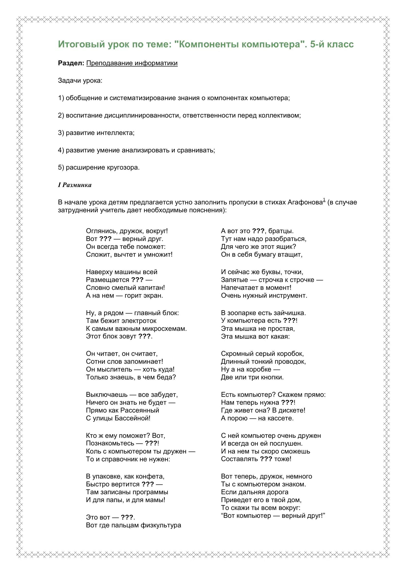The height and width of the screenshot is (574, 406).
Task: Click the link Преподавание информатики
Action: click(x=132, y=63)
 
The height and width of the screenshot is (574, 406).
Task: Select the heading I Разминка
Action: click(x=75, y=185)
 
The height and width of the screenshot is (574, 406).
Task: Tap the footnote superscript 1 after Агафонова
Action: click(x=324, y=200)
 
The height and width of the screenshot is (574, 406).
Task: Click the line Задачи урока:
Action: click(x=80, y=80)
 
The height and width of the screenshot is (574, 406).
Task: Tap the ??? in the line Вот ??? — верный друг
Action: click(x=105, y=239)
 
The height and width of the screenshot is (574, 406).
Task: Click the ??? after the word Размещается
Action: click(x=137, y=280)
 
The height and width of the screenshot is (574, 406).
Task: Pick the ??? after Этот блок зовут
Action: click(x=144, y=336)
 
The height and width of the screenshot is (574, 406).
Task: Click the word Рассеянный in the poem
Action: click(x=140, y=410)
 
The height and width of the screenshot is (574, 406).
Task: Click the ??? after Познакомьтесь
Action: click(x=151, y=443)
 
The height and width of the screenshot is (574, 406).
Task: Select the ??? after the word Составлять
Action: click(x=266, y=459)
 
